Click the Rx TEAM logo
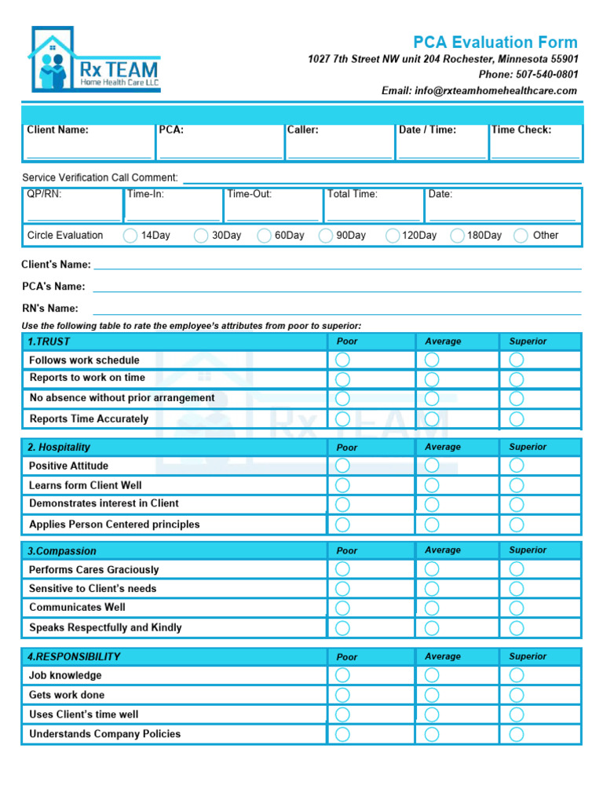click(94, 60)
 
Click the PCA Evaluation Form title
click(495, 42)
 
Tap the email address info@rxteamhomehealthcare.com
click(479, 90)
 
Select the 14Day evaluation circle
click(130, 236)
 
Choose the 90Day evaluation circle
click(326, 236)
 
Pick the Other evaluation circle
click(521, 236)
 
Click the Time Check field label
click(521, 130)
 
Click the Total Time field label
click(353, 194)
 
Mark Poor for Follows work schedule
click(343, 360)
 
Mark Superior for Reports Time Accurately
click(516, 418)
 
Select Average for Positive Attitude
click(432, 466)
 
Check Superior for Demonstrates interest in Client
click(516, 504)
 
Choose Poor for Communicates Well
click(343, 608)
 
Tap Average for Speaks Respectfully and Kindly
click(432, 628)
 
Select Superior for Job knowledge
click(516, 675)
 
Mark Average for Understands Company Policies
click(432, 734)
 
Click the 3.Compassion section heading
click(62, 551)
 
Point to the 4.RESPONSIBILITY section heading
click(74, 656)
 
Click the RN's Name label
click(50, 309)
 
